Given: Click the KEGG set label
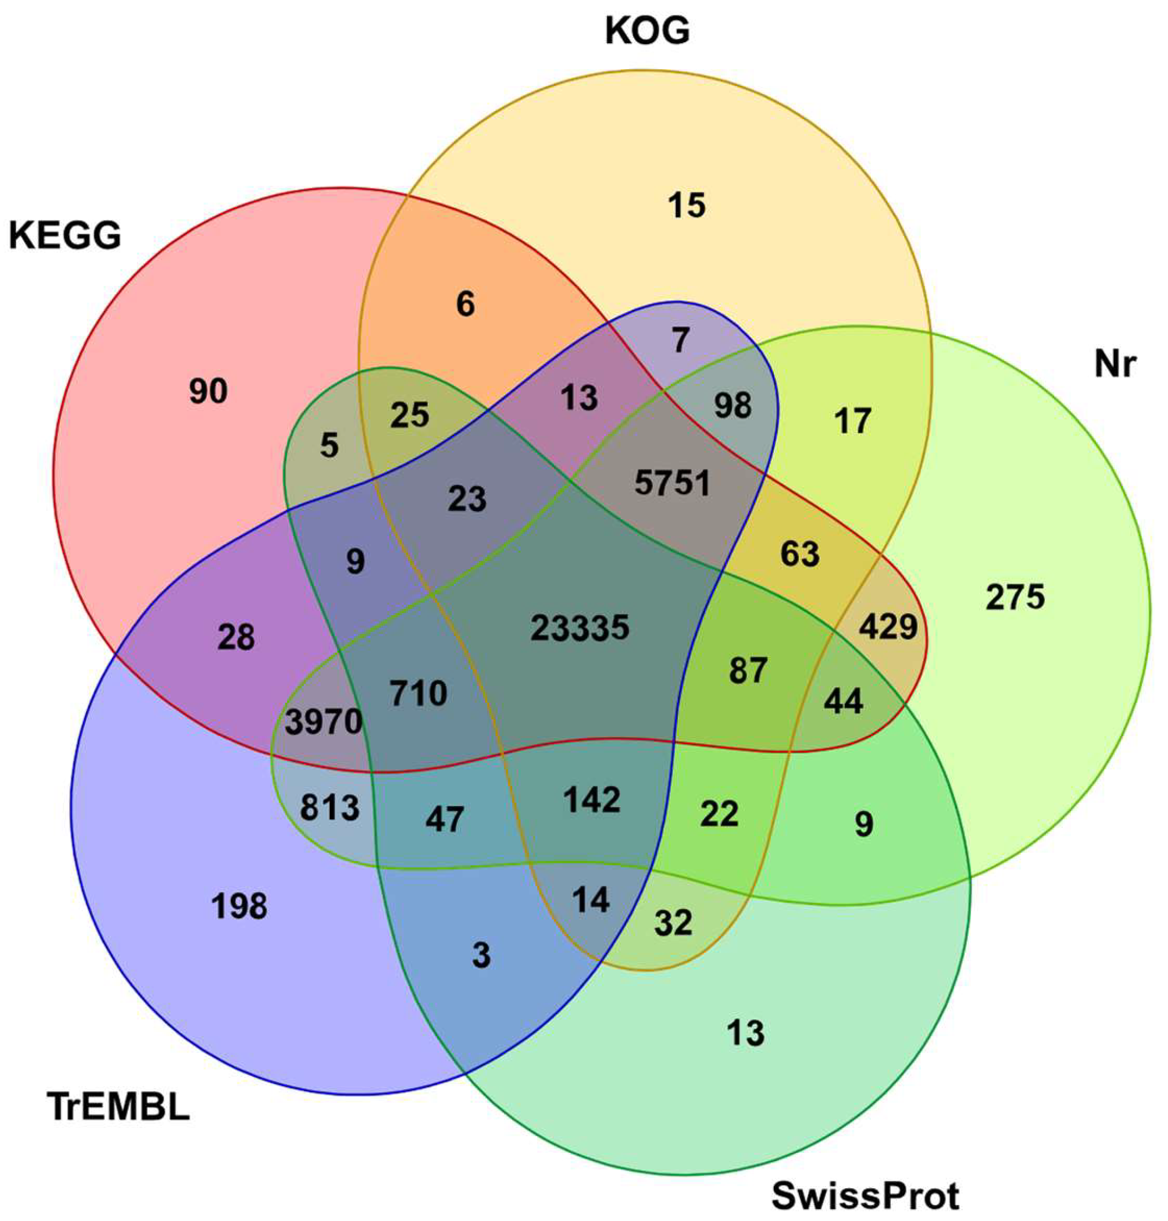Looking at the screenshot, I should [65, 237].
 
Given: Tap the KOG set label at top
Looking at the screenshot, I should [647, 32].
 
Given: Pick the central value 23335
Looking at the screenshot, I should [580, 627].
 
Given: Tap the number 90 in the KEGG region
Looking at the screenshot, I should [208, 392].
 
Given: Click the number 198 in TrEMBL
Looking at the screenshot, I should [239, 907].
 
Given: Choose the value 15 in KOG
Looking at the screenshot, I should [687, 205].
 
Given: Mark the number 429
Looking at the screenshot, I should [888, 627].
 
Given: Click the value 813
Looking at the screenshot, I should [329, 809].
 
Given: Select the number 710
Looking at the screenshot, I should [419, 693].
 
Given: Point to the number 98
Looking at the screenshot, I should [733, 405].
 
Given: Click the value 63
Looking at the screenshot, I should [800, 554].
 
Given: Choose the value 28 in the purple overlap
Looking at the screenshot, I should [236, 638].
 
